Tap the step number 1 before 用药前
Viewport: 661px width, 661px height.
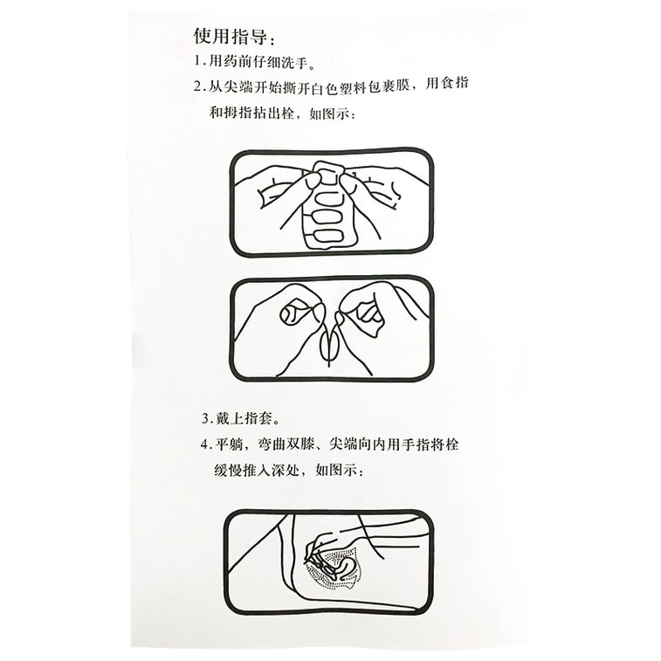(x=197, y=63)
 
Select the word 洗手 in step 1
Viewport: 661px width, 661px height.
(x=294, y=63)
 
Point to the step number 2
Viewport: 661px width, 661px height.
(x=197, y=87)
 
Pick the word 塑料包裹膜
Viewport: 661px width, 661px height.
(x=376, y=87)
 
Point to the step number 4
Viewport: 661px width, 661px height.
(x=205, y=444)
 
